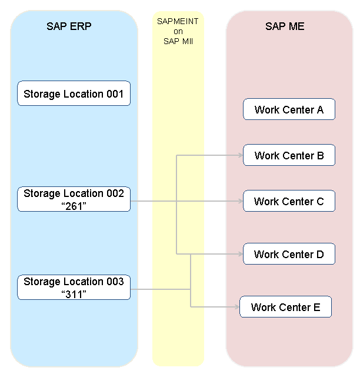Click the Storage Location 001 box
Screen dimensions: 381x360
pyautogui.click(x=74, y=93)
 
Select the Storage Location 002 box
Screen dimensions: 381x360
pyautogui.click(x=74, y=199)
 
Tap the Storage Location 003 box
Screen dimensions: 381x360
pyautogui.click(x=74, y=288)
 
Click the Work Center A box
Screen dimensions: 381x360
pyautogui.click(x=289, y=109)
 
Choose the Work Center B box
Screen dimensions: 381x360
pyautogui.click(x=289, y=155)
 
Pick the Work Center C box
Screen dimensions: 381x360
pyautogui.click(x=289, y=201)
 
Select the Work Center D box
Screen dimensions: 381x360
pyautogui.click(x=289, y=254)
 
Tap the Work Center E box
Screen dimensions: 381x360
pyautogui.click(x=285, y=307)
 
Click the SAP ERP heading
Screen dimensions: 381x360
pyautogui.click(x=69, y=26)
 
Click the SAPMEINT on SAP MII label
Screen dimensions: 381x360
pyautogui.click(x=178, y=31)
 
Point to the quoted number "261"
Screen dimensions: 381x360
pyautogui.click(x=74, y=206)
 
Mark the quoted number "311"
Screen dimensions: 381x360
pyautogui.click(x=74, y=294)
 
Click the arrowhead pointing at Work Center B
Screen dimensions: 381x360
pyautogui.click(x=241, y=155)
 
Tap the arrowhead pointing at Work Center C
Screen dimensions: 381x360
pyautogui.click(x=241, y=201)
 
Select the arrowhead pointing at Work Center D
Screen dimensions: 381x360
pyautogui.click(x=241, y=254)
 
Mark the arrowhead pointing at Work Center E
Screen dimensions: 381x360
pyautogui.click(x=237, y=307)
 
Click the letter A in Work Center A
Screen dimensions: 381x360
pyautogui.click(x=320, y=109)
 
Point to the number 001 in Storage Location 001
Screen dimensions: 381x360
pyautogui.click(x=115, y=93)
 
